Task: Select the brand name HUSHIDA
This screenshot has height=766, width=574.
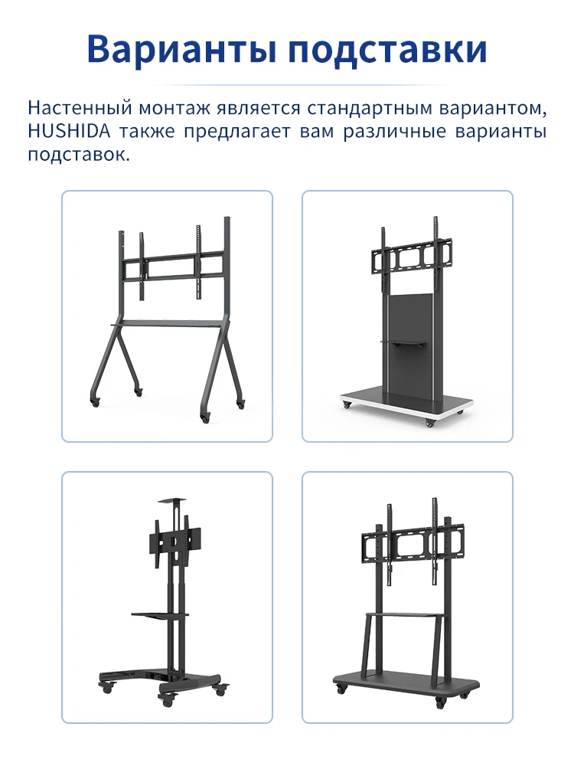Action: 69,132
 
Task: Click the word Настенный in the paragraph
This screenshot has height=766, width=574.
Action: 80,108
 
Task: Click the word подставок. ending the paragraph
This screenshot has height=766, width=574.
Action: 79,155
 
